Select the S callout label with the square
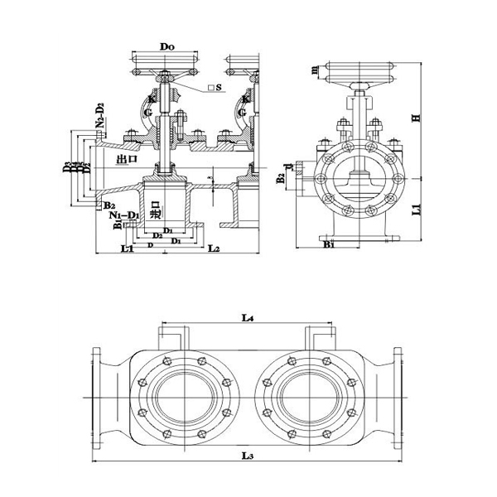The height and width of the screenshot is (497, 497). coord(216,88)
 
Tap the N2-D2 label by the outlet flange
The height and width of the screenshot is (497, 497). coord(100,118)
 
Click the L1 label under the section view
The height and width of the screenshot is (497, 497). coord(126,248)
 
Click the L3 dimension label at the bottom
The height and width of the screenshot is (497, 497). coord(247,456)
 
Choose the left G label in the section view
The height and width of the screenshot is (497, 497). coord(147,113)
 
